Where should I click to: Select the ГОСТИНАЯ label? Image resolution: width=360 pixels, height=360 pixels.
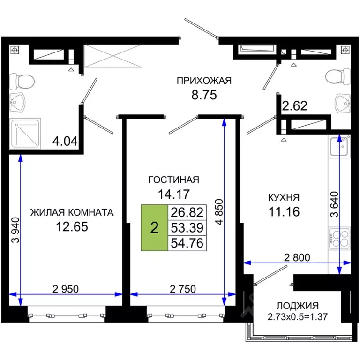(x=174, y=180)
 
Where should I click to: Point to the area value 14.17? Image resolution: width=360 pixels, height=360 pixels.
(x=174, y=194)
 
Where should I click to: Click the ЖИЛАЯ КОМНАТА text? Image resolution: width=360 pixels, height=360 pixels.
(x=72, y=212)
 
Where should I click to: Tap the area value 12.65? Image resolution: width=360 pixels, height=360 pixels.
(x=72, y=227)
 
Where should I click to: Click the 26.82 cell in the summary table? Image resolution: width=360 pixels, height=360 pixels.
(x=186, y=212)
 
